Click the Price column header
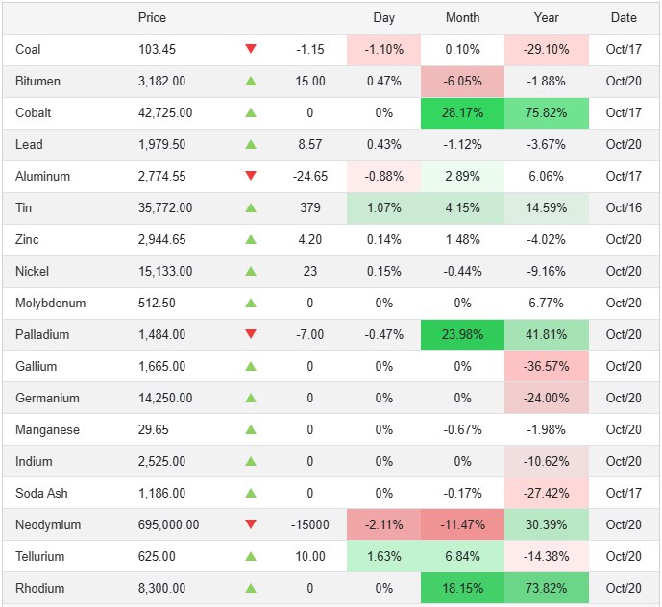tap(152, 17)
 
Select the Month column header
tap(463, 17)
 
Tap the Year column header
tap(547, 17)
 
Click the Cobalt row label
tap(34, 112)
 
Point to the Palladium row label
tap(42, 334)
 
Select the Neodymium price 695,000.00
tap(169, 524)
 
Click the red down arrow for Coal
tap(251, 49)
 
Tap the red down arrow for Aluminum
tap(251, 176)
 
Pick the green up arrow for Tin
tap(251, 207)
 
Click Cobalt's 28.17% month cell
tap(463, 112)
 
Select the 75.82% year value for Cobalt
tap(547, 112)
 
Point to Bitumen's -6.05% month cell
tap(463, 81)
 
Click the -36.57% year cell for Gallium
tap(547, 366)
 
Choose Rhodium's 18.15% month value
tap(463, 588)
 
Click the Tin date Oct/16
tap(624, 207)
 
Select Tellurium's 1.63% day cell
tap(384, 556)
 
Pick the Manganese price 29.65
tap(154, 429)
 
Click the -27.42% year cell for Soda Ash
tap(547, 493)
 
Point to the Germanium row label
tap(47, 398)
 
